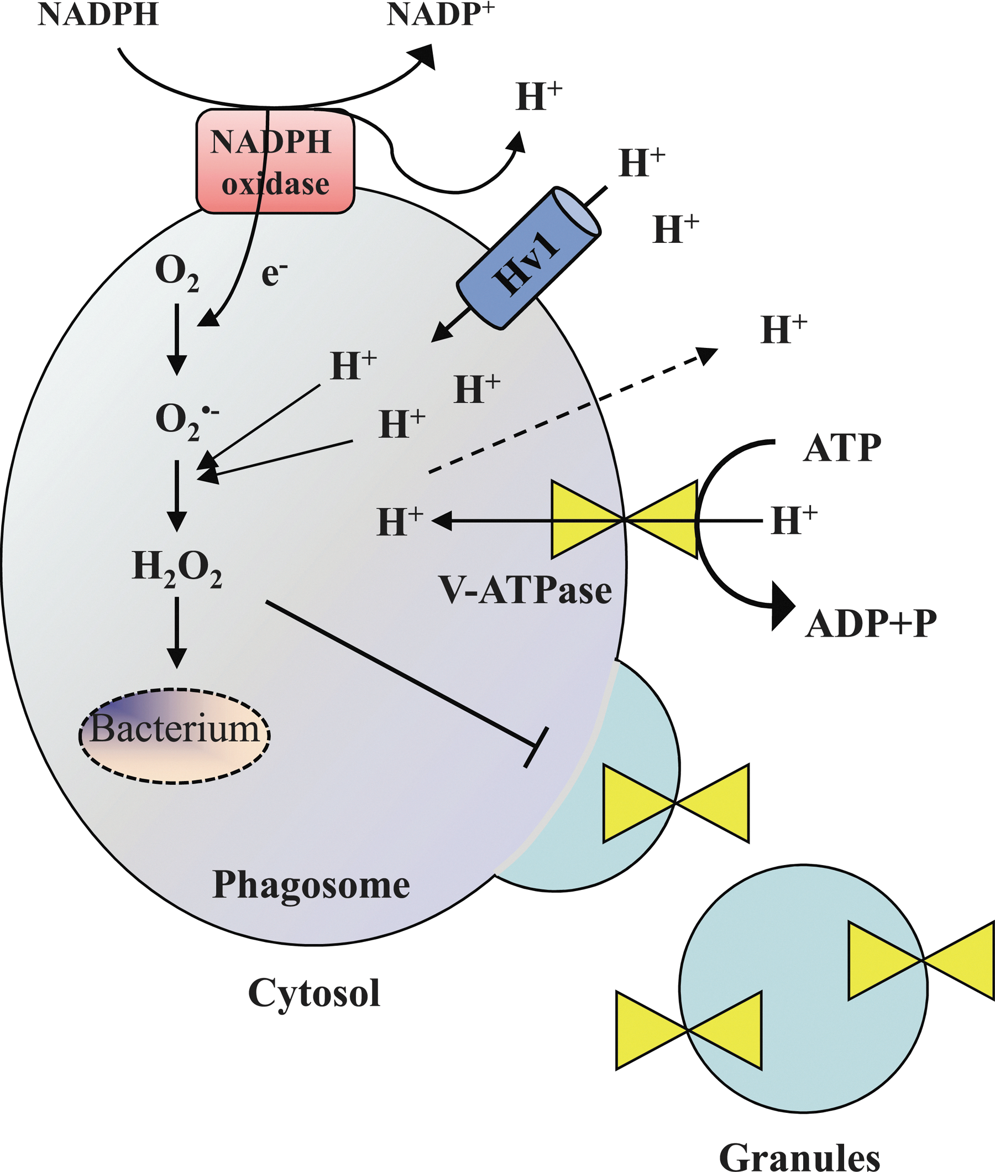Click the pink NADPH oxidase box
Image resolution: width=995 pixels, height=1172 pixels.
pyautogui.click(x=275, y=162)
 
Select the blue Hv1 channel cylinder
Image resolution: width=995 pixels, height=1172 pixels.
pyautogui.click(x=528, y=258)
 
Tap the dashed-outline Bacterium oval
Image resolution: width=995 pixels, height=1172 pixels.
pyautogui.click(x=175, y=736)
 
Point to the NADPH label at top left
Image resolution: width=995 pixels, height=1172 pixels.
pyautogui.click(x=98, y=14)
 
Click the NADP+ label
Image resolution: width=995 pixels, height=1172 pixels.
pyautogui.click(x=441, y=14)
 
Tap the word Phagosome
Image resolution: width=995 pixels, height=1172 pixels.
pyautogui.click(x=311, y=885)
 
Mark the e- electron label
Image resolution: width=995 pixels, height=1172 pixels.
pyautogui.click(x=275, y=274)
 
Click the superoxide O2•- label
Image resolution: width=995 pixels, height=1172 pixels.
pyautogui.click(x=187, y=421)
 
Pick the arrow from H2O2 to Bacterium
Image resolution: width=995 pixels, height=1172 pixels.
pyautogui.click(x=177, y=633)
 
